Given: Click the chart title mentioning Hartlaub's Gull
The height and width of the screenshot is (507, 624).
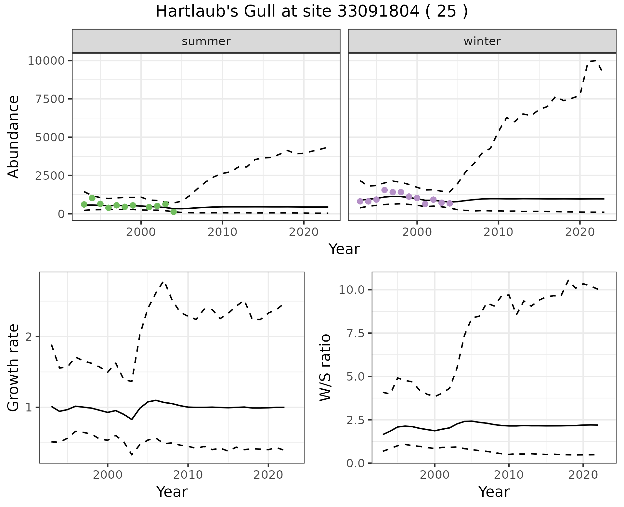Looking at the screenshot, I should (x=312, y=12).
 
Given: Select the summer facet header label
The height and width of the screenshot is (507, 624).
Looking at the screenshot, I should (x=206, y=41).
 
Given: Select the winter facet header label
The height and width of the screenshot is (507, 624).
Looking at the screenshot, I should (x=482, y=41).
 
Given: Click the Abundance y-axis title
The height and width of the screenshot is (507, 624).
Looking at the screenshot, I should (x=14, y=137).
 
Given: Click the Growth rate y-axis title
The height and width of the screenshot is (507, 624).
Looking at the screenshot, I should (x=14, y=368).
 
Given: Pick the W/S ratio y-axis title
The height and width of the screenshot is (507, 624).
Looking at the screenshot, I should (x=325, y=368).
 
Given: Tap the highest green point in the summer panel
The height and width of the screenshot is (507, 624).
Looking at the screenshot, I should (x=92, y=198).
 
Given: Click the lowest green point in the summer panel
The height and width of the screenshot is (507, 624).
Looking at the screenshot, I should (x=174, y=212).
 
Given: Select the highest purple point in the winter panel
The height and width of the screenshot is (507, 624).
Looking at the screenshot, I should (x=384, y=190).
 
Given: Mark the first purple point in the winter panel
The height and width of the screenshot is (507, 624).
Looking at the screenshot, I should (x=360, y=201).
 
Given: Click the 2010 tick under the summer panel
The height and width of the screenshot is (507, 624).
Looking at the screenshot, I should (x=222, y=232).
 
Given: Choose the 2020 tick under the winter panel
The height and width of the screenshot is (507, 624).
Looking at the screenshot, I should (x=580, y=232).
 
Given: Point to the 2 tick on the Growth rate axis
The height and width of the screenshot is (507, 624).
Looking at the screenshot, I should (x=29, y=337).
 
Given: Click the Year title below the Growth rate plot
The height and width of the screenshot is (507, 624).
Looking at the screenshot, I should (x=172, y=492).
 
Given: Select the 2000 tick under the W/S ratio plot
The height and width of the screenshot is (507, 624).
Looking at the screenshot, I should (x=435, y=475).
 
